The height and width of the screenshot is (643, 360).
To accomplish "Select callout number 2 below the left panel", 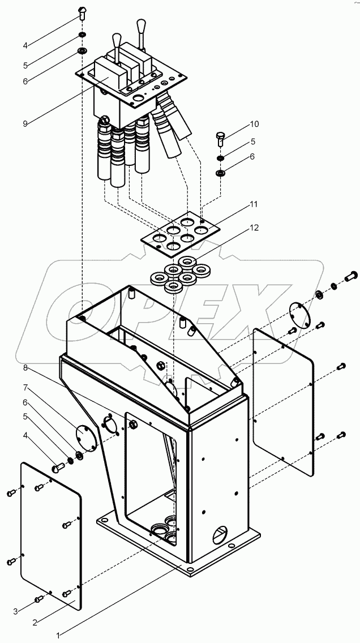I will click(x=35, y=622).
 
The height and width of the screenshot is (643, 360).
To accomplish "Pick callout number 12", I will click(x=255, y=228).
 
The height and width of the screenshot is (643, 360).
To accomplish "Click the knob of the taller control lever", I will click(x=140, y=25).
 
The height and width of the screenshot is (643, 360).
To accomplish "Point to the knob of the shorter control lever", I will click(x=117, y=40).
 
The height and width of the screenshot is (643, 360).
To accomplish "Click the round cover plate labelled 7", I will click(x=85, y=435).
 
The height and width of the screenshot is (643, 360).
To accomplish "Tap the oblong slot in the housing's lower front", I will click(x=218, y=533).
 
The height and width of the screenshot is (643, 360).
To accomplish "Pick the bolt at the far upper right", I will click(x=350, y=277).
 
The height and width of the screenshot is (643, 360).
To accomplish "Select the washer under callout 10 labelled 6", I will click(x=220, y=172).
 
